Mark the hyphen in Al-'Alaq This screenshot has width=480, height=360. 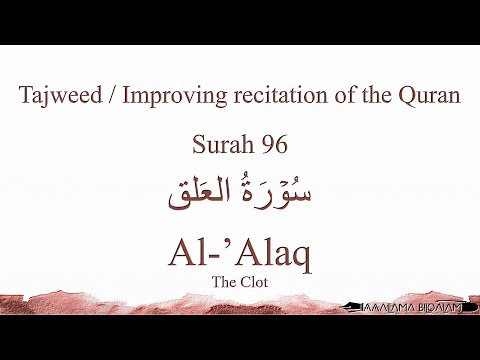[215, 254]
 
